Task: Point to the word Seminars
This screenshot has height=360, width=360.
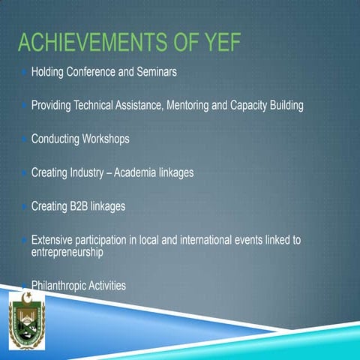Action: (x=155, y=73)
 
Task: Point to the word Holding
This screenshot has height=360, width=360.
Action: (x=49, y=73)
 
